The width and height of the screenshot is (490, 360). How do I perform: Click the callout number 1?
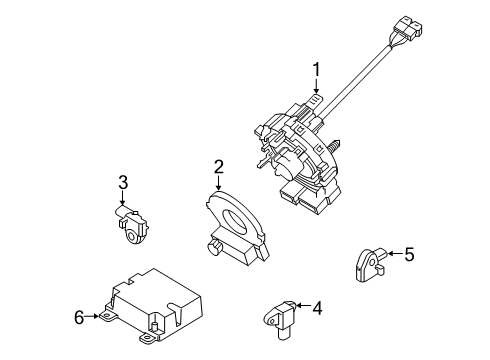point(316,70)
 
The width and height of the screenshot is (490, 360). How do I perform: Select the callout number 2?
point(219,167)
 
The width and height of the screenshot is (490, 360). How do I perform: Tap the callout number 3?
point(123,182)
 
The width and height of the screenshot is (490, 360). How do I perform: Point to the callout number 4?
point(317,308)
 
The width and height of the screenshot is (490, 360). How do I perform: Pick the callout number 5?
point(409,254)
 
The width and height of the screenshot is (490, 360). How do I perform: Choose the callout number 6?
point(79,317)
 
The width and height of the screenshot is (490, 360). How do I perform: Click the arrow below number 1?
point(316,86)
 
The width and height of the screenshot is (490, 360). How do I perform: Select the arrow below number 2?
point(218,183)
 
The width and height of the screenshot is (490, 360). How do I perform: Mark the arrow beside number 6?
point(92,316)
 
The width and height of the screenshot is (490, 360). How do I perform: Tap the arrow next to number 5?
point(395,254)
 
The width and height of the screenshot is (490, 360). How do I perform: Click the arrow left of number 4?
point(303,305)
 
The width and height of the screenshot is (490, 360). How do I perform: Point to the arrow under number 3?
point(122,198)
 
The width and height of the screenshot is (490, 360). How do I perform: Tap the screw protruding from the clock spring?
point(334,144)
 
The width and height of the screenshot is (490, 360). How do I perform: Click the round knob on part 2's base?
point(213,248)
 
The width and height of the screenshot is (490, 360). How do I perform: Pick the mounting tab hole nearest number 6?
point(107,315)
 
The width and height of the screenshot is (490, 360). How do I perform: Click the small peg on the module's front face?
point(154,326)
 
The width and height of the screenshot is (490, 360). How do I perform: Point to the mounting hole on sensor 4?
point(271,322)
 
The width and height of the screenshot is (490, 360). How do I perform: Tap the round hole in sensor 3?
point(131,237)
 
